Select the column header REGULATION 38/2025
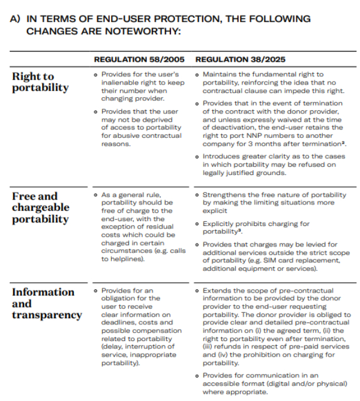(240, 59)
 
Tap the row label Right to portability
(40, 82)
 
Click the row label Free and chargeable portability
(41, 207)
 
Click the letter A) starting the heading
(16, 19)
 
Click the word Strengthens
(224, 195)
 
